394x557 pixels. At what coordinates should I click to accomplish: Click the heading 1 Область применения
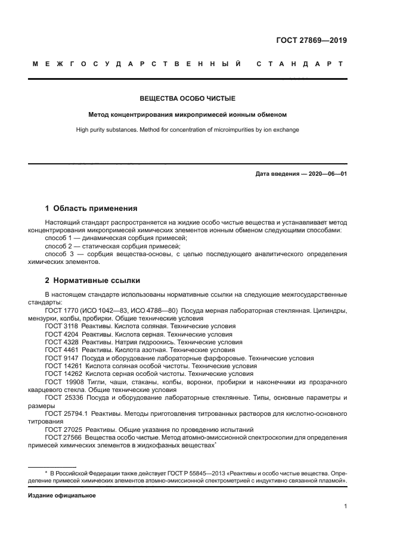pos(91,209)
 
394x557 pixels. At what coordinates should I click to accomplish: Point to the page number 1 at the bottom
pos(345,507)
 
